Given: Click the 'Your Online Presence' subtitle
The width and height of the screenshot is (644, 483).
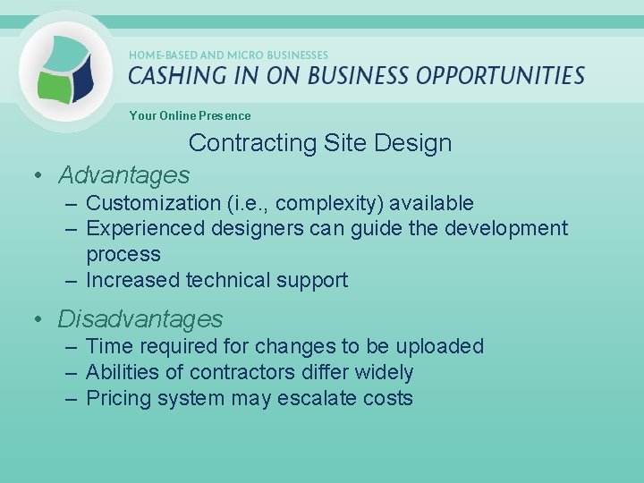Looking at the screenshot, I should coord(190,115).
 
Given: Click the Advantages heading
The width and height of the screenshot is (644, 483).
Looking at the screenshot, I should coord(124,174).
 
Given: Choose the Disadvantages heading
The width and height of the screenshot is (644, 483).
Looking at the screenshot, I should coord(140,318).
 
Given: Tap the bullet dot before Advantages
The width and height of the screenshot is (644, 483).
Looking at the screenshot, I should coord(39,175).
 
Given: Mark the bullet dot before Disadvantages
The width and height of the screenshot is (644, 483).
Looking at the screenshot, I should coord(39,319).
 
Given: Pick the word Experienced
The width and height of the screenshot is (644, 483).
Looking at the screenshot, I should coord(145,229).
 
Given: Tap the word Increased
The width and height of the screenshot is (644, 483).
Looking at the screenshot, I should coord(133,280).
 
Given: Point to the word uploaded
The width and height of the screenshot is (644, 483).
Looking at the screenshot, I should coord(439,346).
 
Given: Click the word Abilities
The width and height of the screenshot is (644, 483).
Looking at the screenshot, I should coord(121,372).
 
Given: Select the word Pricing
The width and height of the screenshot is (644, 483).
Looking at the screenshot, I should coord(118,398).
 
